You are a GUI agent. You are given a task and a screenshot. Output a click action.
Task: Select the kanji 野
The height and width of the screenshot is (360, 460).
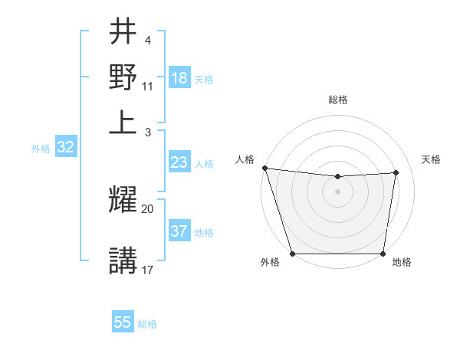(x=123, y=77)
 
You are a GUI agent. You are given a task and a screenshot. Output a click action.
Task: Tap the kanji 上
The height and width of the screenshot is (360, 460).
(x=123, y=120)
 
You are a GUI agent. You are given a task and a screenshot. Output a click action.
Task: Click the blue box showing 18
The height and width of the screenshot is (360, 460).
(x=179, y=78)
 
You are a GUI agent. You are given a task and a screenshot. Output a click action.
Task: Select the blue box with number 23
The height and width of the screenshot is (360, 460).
(x=179, y=162)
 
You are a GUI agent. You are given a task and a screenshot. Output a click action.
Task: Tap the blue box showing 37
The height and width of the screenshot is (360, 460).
(x=179, y=231)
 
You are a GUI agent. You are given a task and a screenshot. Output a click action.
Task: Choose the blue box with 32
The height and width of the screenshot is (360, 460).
(x=65, y=148)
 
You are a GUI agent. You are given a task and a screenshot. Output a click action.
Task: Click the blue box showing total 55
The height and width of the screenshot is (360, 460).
(x=123, y=322)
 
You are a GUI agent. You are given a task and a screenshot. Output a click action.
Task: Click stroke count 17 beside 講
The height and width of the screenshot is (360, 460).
(x=148, y=270)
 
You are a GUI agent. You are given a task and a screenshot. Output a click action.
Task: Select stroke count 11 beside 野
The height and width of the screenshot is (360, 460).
(x=148, y=87)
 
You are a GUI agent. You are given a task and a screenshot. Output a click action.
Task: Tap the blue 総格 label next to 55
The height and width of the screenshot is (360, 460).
(x=147, y=324)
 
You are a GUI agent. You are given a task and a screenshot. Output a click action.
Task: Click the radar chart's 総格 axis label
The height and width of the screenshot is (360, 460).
(x=338, y=100)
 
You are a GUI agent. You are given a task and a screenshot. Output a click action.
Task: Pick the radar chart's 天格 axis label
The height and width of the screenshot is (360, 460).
(x=432, y=159)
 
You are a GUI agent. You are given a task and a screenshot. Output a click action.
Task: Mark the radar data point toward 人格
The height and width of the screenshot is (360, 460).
(x=264, y=168)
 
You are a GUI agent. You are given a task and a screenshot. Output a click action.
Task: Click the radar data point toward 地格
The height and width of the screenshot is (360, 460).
(x=383, y=254)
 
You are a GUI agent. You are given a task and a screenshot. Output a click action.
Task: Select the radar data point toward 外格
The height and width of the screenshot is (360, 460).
(x=293, y=254)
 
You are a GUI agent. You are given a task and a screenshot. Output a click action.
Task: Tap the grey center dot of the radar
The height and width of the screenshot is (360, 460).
(x=337, y=191)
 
